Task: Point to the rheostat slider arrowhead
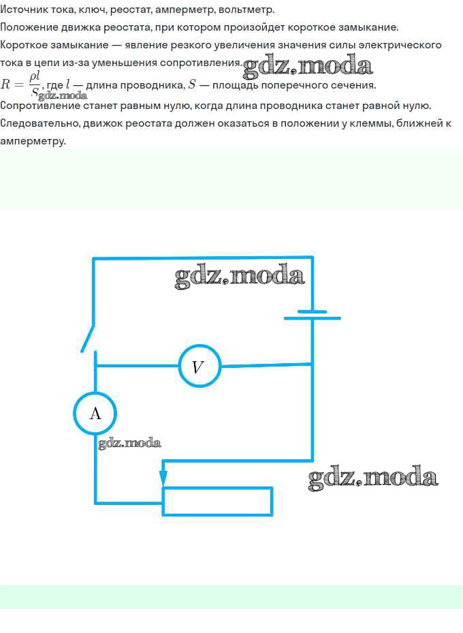tap(163, 478)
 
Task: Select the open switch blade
tap(87, 339)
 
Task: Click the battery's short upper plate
tap(312, 311)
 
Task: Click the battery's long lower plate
tap(312, 318)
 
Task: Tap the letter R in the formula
tap(5, 84)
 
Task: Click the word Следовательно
tap(40, 123)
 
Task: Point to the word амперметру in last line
tap(33, 142)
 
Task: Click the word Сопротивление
tap(40, 106)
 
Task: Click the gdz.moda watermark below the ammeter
tap(129, 443)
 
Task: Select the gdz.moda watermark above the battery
tap(240, 276)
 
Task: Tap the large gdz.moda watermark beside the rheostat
tap(372, 477)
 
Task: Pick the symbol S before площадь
tap(193, 84)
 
